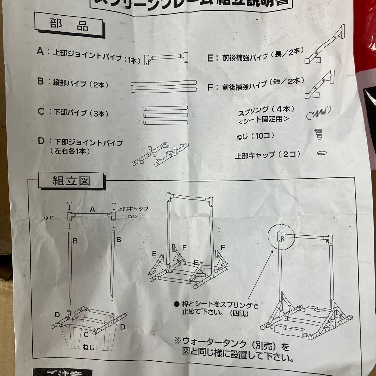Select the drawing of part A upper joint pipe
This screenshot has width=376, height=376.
point(166,57)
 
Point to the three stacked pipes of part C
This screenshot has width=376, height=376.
point(165,115)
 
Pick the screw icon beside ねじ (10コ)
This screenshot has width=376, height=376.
point(318,134)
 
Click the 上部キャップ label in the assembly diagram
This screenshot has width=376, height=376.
point(133,209)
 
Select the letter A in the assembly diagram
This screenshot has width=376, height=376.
point(92,209)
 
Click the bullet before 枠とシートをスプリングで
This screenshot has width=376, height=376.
point(177,304)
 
